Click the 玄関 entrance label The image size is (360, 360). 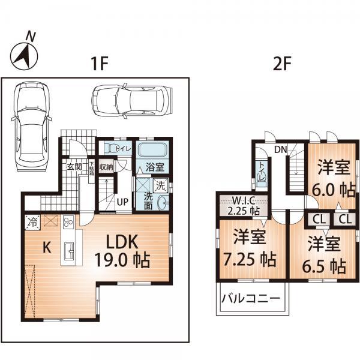(74, 166)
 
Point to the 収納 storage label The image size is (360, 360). (106, 167)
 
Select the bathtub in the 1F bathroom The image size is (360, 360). (154, 149)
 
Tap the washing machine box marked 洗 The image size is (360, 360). (160, 186)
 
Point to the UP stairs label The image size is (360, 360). (121, 202)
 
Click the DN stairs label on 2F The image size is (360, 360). (280, 148)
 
